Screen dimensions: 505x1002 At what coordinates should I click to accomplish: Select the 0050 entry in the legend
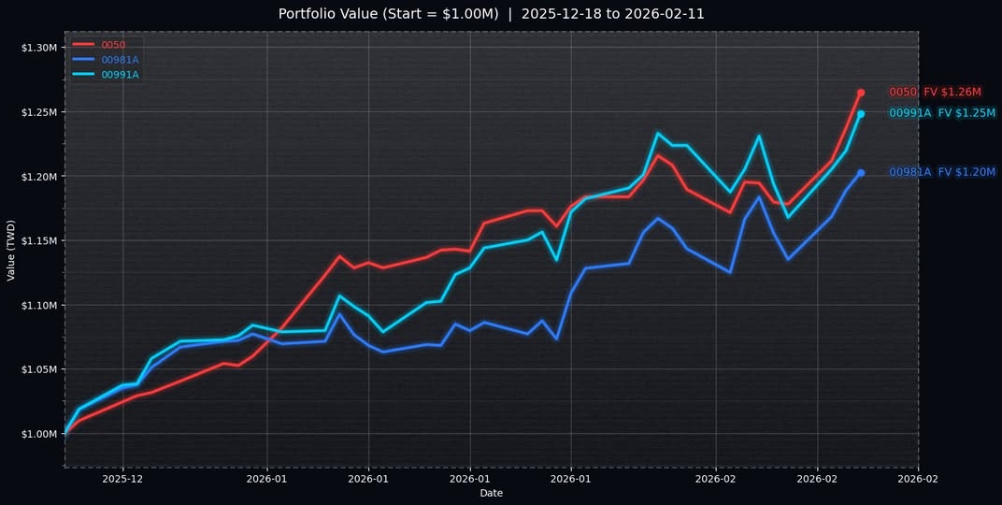point(113,44)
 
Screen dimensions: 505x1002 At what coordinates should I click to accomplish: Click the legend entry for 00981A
point(120,60)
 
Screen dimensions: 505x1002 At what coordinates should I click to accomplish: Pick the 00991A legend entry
point(120,75)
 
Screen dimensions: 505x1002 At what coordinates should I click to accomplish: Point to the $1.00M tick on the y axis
point(39,434)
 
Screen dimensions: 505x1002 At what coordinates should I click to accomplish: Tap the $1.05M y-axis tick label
point(39,369)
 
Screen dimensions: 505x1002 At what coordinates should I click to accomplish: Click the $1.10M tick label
point(39,305)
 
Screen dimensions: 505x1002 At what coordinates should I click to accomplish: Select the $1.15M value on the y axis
point(39,240)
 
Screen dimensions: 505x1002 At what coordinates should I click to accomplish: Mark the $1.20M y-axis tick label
point(39,176)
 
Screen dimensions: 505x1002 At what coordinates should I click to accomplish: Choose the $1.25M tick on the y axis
point(39,111)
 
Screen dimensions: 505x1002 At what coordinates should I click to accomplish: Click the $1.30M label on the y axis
point(39,47)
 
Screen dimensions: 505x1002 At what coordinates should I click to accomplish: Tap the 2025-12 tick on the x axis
point(122,478)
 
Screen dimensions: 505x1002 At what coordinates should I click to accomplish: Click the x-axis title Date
point(491,493)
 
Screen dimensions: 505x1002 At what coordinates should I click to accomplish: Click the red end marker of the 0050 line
point(861,93)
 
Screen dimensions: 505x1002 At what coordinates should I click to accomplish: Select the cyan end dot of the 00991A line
point(861,114)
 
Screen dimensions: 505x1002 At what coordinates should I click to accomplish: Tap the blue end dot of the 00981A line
point(861,173)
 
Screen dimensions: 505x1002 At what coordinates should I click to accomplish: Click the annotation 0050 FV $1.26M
point(935,93)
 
